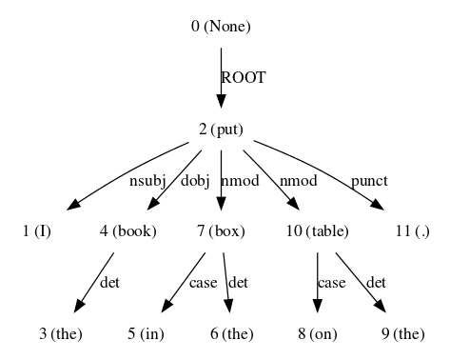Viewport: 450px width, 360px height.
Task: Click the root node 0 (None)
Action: (221, 27)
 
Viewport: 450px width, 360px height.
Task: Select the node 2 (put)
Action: (221, 129)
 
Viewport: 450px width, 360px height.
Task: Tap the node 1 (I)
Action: (37, 231)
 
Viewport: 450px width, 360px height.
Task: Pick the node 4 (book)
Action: (127, 231)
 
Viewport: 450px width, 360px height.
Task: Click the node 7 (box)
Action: (221, 231)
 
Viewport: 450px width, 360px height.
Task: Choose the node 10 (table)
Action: (318, 231)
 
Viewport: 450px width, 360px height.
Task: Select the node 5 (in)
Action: (147, 333)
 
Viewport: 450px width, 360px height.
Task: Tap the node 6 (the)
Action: (232, 333)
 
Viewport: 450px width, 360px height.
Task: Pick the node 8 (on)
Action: (318, 333)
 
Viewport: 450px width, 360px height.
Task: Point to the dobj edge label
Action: (195, 180)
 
